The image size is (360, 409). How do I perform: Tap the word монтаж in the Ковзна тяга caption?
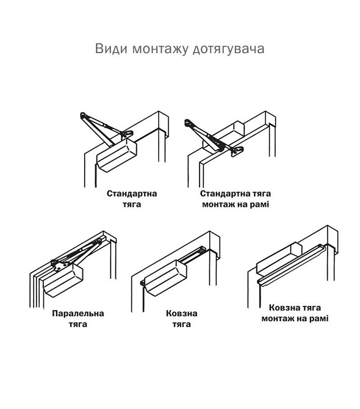pos(280,319)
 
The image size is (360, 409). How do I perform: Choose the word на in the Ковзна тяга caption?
pos(303,319)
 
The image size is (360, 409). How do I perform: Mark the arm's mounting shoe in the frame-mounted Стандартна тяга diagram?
pos(236,150)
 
